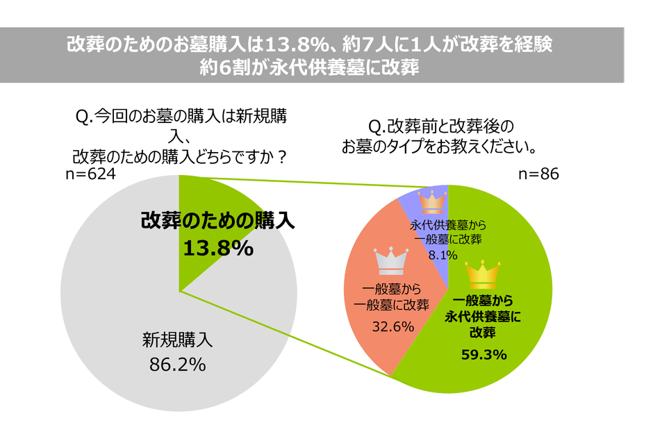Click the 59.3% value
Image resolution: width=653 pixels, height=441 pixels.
(x=484, y=355)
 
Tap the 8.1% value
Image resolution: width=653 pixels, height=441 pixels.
(x=443, y=255)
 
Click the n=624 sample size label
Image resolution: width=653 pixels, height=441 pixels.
(x=90, y=174)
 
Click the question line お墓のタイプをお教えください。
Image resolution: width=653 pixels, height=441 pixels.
(x=436, y=147)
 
